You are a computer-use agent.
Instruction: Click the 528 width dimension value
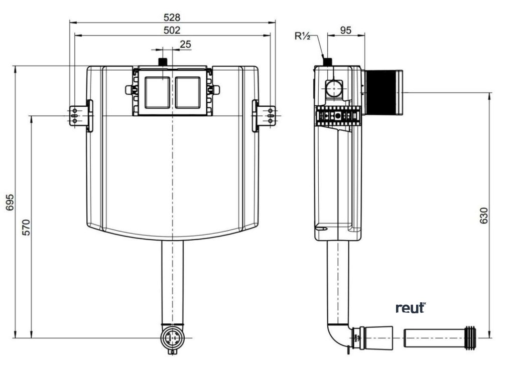point(172,18)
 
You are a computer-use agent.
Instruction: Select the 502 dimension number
point(172,30)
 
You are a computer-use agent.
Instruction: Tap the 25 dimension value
point(185,45)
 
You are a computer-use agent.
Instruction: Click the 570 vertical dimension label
point(27,227)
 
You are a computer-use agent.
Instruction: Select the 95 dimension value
point(345,30)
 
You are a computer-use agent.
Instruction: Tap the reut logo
point(411,307)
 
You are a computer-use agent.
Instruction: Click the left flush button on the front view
point(158,93)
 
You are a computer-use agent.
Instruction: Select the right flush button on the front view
point(188,93)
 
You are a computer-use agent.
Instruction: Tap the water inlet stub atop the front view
point(163,62)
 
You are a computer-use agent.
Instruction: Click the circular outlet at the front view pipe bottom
point(173,337)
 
